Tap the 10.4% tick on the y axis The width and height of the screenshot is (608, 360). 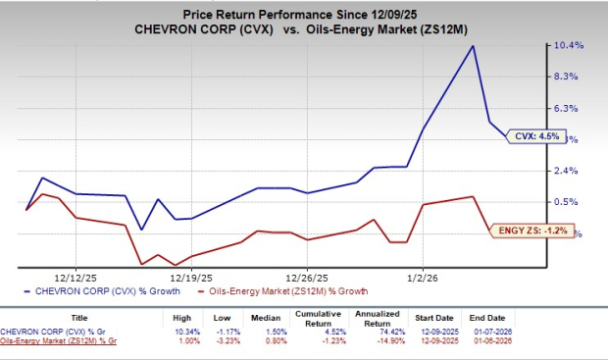[x=573, y=45]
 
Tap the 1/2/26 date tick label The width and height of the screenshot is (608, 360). [x=422, y=277]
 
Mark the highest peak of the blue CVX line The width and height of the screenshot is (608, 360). [x=474, y=46]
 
